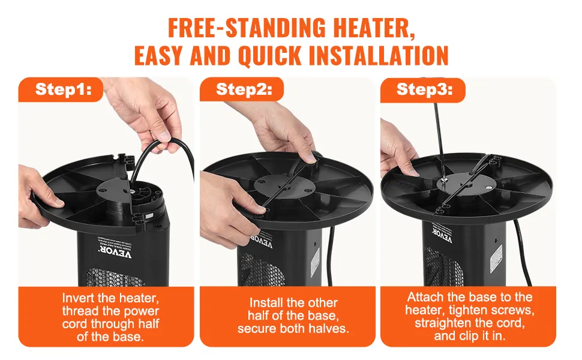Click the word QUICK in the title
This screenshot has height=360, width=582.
(x=266, y=56)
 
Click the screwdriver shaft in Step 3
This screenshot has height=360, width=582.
(x=440, y=138)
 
